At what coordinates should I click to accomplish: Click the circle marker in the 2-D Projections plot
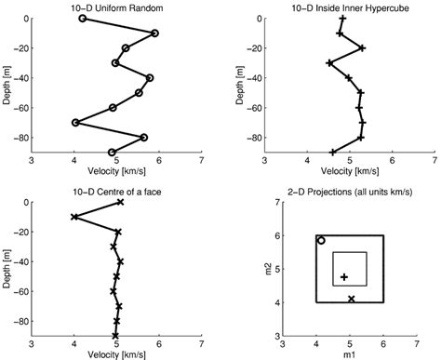tap(321, 241)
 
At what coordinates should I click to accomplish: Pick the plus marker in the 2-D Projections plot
tap(344, 277)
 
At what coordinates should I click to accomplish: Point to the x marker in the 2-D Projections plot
tap(351, 299)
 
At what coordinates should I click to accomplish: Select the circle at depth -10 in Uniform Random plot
tap(154, 33)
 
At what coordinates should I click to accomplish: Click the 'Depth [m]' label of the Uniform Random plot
tap(7, 86)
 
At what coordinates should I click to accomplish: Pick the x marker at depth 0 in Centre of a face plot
tap(120, 203)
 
